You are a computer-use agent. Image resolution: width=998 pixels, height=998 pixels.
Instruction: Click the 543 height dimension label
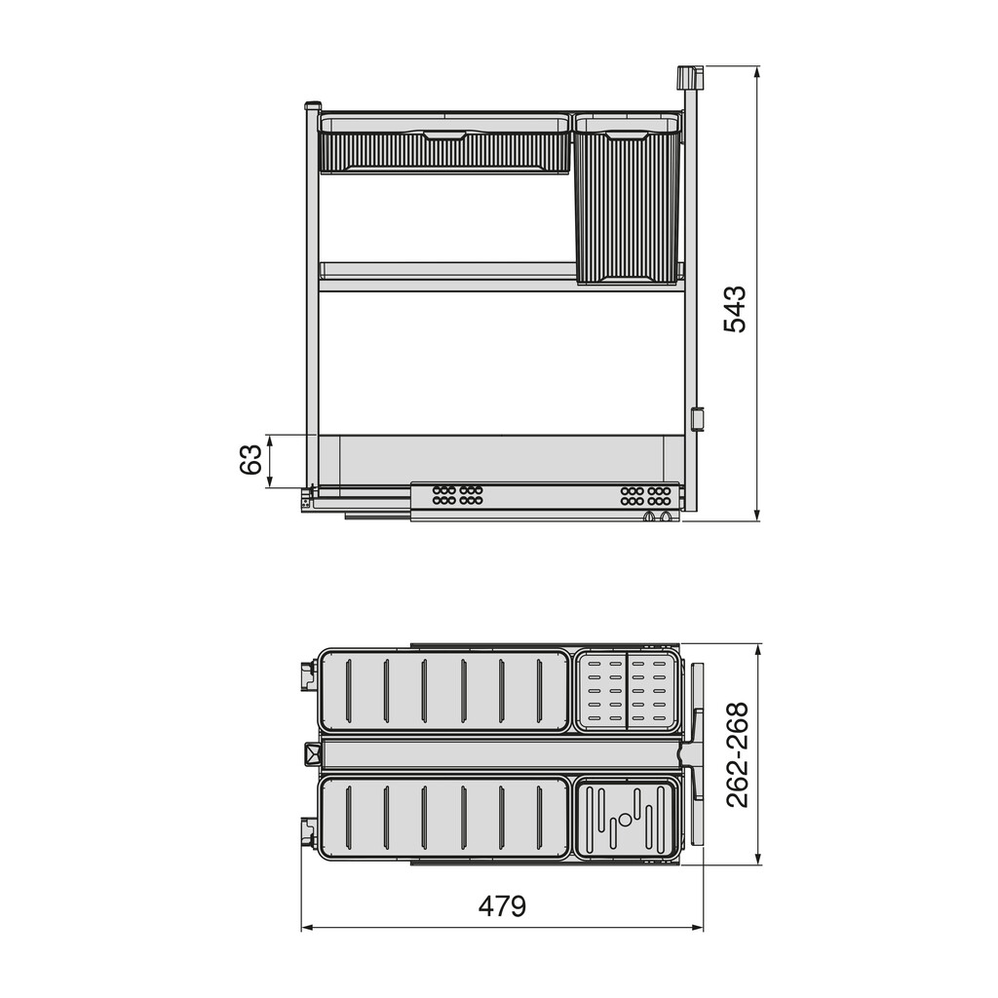click(x=735, y=309)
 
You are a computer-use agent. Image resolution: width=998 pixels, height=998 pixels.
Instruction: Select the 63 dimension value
click(x=251, y=459)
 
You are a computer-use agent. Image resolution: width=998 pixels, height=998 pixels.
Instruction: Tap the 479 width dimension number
click(x=502, y=906)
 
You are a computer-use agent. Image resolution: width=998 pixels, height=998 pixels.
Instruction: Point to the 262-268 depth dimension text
click(x=738, y=754)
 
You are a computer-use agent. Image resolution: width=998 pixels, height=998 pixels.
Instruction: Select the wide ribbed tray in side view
click(x=444, y=145)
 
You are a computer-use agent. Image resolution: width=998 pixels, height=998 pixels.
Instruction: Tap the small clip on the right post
click(x=697, y=419)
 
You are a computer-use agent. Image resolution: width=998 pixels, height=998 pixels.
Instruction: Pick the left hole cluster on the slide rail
click(x=458, y=495)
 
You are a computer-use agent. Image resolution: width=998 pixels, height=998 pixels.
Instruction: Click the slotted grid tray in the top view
click(x=627, y=692)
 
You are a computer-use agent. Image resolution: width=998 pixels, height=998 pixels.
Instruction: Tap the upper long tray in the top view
click(x=443, y=691)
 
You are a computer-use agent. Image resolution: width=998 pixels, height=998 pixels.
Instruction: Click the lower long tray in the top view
click(x=443, y=818)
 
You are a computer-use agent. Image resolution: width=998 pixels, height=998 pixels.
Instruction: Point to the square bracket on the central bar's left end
click(x=313, y=753)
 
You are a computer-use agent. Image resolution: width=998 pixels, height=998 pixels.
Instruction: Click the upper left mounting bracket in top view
click(x=309, y=675)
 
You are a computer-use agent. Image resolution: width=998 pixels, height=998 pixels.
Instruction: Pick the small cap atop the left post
click(x=313, y=106)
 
